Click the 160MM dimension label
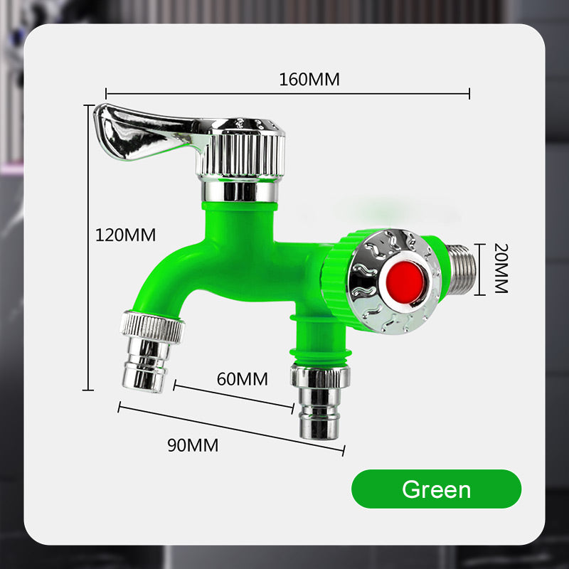click(x=309, y=79)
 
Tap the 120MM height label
click(x=126, y=234)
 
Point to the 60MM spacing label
click(x=243, y=378)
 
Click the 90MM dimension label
click(x=193, y=445)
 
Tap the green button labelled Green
click(x=436, y=489)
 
